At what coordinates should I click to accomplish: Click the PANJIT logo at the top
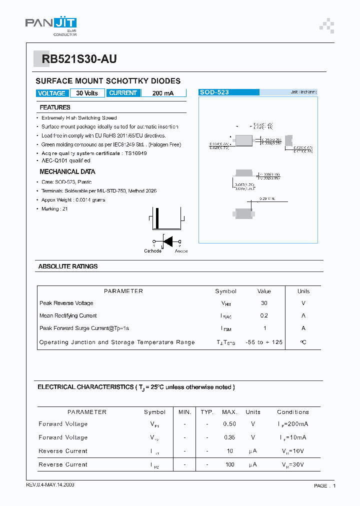click(51, 24)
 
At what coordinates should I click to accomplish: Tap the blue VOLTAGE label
click(51, 93)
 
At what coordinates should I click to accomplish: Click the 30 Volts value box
click(87, 93)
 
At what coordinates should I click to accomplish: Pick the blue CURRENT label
click(123, 93)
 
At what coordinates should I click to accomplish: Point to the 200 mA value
click(163, 93)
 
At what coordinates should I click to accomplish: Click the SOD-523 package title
click(214, 92)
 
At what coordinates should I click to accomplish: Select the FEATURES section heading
click(55, 107)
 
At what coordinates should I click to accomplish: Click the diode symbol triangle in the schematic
click(168, 241)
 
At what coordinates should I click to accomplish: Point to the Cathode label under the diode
click(152, 251)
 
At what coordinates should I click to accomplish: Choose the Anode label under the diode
click(181, 251)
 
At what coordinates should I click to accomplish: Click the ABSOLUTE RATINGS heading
click(68, 266)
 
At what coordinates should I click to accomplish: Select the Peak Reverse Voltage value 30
click(264, 303)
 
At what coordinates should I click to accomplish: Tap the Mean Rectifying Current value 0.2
click(264, 315)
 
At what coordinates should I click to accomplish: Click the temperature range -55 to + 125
click(264, 342)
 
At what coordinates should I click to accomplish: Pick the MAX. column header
click(229, 412)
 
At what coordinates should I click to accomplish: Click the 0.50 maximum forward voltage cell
click(229, 424)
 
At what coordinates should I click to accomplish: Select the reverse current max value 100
click(229, 464)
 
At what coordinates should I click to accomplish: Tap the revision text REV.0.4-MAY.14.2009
click(50, 485)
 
